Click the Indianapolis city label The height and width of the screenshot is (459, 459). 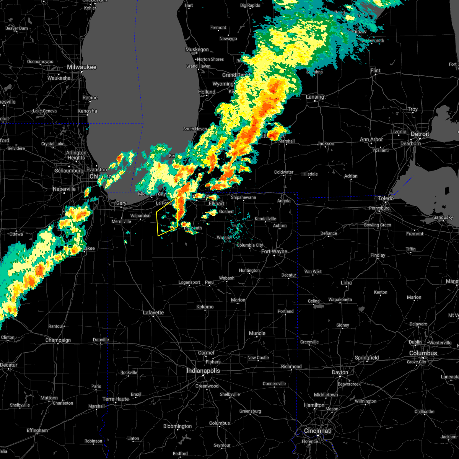[x=203, y=371]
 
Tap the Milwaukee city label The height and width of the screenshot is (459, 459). [x=81, y=67]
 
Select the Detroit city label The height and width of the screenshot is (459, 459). [x=420, y=134]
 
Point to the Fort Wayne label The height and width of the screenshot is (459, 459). [x=274, y=251]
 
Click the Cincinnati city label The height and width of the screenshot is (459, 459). [x=318, y=431]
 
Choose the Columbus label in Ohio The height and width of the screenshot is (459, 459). [x=423, y=353]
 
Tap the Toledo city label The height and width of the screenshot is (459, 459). [x=386, y=198]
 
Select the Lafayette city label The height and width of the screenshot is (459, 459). [x=153, y=313]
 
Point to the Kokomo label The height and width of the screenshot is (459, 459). [x=205, y=307]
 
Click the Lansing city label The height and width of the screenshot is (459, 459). [x=315, y=97]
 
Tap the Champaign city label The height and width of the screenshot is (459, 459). [x=58, y=340]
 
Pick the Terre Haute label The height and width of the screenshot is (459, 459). [x=116, y=399]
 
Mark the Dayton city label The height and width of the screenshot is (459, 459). [x=340, y=372]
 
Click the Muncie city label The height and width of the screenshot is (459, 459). [x=257, y=333]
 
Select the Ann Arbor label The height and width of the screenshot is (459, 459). [x=371, y=139]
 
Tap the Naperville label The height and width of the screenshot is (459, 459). [x=64, y=189]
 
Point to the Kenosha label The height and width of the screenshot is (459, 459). [x=87, y=111]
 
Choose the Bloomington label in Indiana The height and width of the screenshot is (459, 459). [x=177, y=426]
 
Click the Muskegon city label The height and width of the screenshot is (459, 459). [x=197, y=49]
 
